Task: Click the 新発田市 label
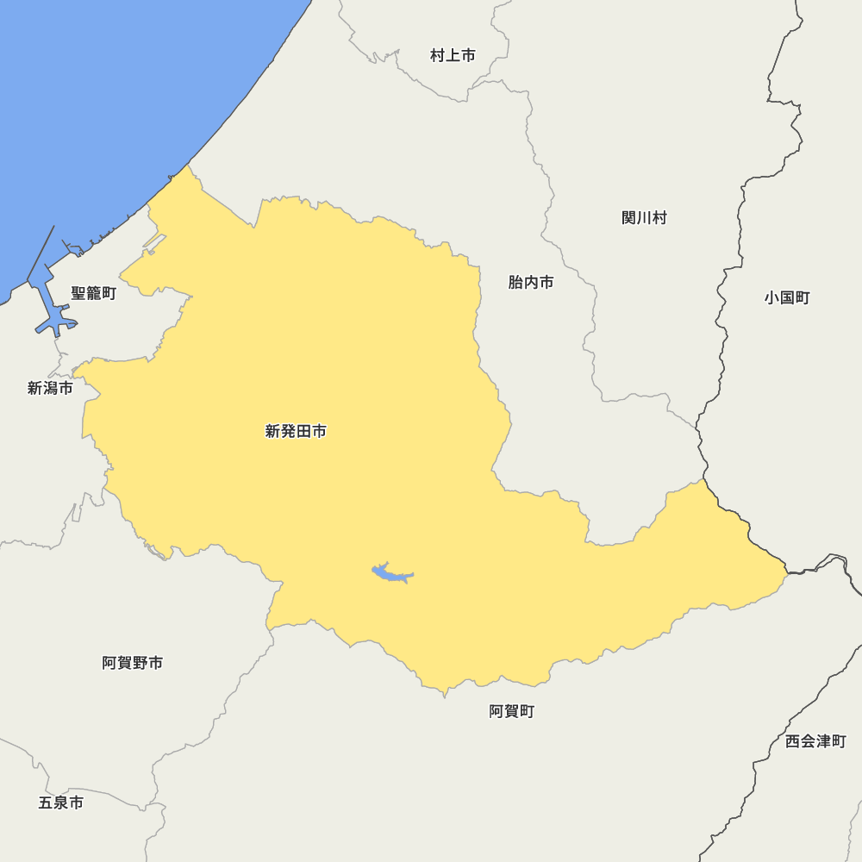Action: coord(296,431)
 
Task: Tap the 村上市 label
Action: coord(453,56)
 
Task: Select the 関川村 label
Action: coord(644,218)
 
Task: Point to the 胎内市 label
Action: coord(531,283)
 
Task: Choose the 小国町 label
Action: coord(786,298)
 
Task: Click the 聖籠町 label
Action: coord(93,294)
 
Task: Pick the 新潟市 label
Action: coord(50,389)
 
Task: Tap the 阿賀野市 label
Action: coord(132,663)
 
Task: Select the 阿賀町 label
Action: coord(511,711)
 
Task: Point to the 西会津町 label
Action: coord(815,741)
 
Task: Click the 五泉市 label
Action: coord(60,803)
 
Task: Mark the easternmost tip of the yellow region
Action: coord(786,571)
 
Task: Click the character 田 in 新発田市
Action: coord(303,431)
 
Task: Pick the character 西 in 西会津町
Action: coord(793,741)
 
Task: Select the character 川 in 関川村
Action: coord(644,218)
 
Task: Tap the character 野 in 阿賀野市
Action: coord(140,663)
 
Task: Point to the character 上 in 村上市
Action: coord(453,56)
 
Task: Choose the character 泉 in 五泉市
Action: coord(60,803)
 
